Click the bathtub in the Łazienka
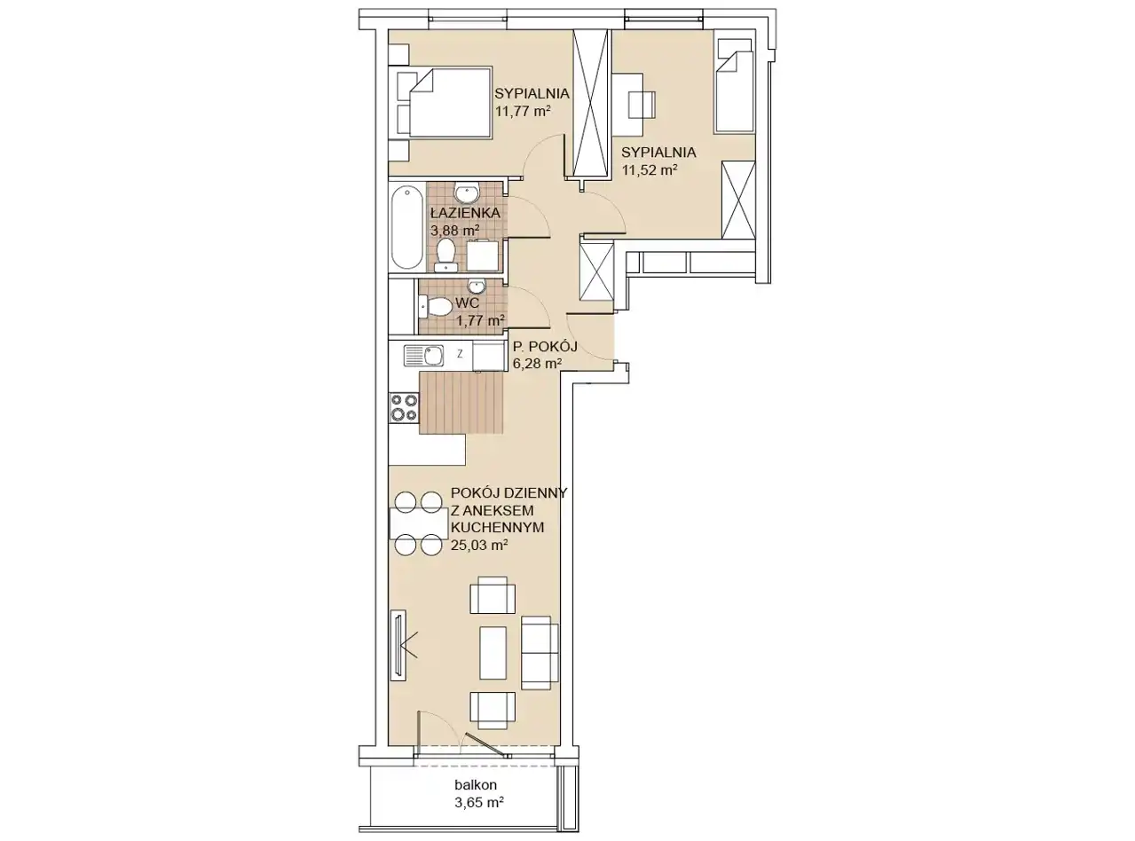[x=407, y=227]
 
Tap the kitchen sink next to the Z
[x=423, y=356]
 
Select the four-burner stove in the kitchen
[x=404, y=407]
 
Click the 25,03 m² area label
[x=479, y=546]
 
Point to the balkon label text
[x=476, y=784]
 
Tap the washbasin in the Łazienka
[x=466, y=194]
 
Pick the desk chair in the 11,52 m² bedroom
[x=642, y=106]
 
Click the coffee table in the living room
[x=493, y=653]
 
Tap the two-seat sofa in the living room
[x=540, y=652]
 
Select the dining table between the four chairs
[x=419, y=523]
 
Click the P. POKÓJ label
[x=545, y=347]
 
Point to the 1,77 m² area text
[x=480, y=321]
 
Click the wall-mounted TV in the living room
[x=398, y=645]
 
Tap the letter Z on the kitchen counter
[x=460, y=353]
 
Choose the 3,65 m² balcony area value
[x=479, y=802]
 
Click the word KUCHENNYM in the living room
[x=497, y=528]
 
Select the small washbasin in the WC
[x=477, y=285]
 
